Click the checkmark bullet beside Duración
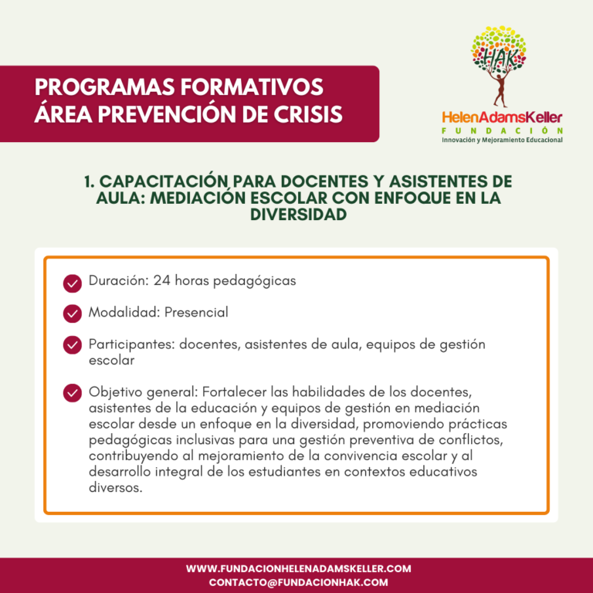[73, 283]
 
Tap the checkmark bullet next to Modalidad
[73, 313]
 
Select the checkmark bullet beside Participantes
[73, 345]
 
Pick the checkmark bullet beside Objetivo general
[73, 392]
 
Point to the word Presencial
[196, 313]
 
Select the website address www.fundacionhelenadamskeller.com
[298, 568]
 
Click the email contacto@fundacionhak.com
[298, 582]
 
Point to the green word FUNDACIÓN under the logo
[502, 130]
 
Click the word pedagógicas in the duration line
[258, 282]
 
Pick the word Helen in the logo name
[457, 117]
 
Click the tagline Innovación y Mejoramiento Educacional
[502, 140]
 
